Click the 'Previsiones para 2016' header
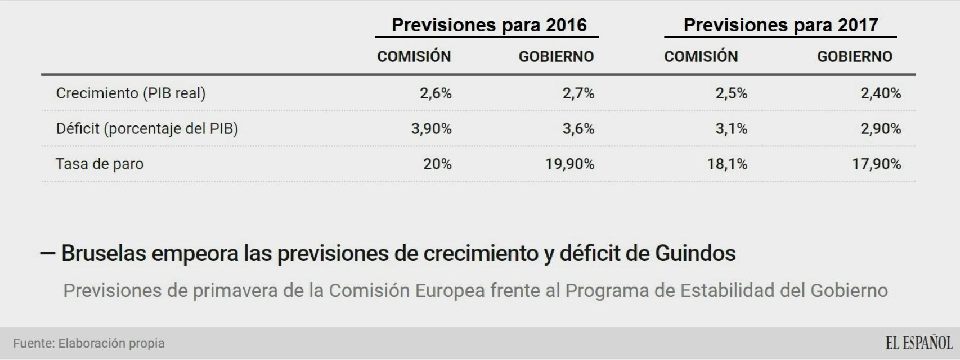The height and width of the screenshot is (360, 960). point(488,25)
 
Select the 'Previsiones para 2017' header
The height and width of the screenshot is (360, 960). point(780,25)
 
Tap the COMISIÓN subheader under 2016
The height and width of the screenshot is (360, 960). point(414,57)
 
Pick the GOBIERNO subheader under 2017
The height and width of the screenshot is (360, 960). point(854,57)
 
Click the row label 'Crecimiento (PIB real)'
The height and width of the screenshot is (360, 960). point(131,93)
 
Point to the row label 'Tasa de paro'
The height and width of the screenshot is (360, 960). point(100,164)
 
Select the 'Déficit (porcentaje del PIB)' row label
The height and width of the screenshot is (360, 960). point(147,129)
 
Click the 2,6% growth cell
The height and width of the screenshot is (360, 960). point(436,93)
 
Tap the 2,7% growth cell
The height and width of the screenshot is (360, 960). point(578,93)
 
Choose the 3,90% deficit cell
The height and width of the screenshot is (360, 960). point(431,129)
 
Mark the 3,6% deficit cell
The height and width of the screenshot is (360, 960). point(578,129)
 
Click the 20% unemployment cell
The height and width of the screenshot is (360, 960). point(437,164)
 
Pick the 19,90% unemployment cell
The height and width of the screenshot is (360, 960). point(569,164)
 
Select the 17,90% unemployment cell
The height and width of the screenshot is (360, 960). point(876,164)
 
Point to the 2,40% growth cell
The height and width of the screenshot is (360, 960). point(881,93)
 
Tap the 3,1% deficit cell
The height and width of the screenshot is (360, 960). point(732,129)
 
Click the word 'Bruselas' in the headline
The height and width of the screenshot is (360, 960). point(103,254)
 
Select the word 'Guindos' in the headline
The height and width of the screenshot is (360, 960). point(695,254)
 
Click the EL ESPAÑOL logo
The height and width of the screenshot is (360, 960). point(919,343)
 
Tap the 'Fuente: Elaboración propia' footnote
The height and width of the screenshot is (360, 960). point(89,344)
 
